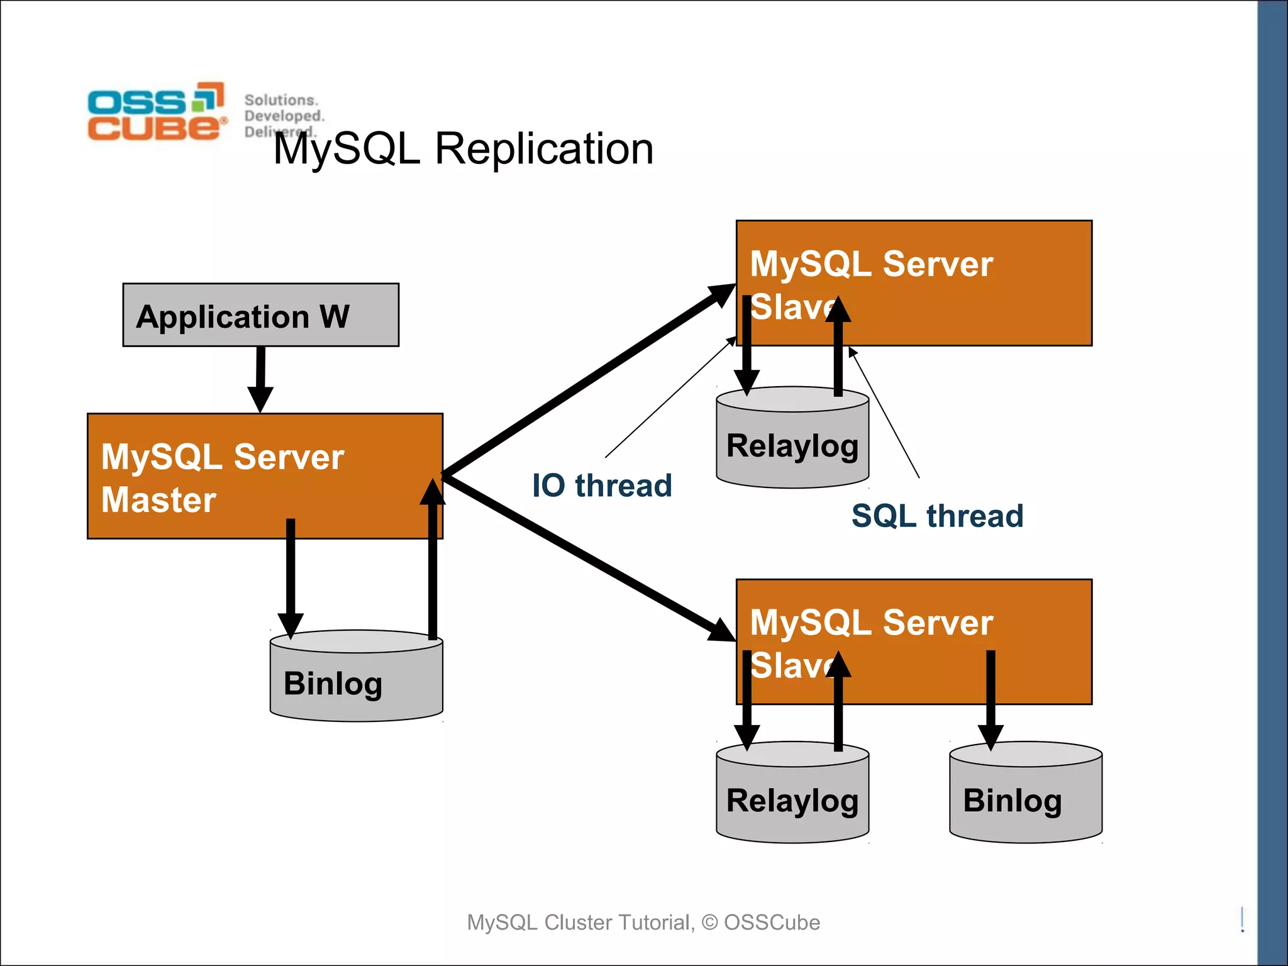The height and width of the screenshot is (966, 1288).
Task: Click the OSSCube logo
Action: point(156,111)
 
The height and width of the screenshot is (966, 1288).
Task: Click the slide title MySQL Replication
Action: point(464,149)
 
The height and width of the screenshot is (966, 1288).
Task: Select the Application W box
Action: point(260,315)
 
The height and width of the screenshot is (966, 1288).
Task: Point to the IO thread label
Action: point(602,486)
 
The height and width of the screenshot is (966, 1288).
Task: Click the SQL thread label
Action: point(937,516)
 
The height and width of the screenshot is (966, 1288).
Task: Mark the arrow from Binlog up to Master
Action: point(433,566)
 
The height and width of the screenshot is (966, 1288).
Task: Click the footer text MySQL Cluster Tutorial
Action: point(643,922)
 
